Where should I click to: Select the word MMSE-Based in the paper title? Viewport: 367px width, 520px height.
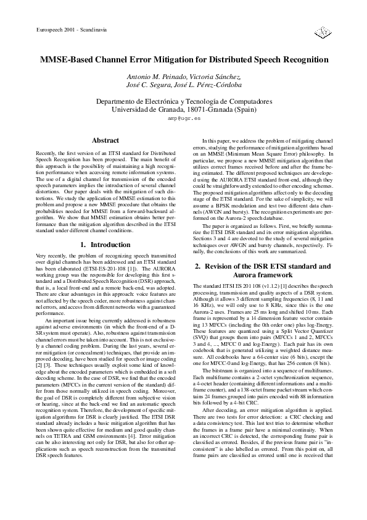point(66,61)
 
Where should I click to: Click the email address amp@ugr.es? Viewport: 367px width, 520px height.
point(184,117)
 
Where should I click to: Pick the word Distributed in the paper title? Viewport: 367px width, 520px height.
point(233,61)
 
